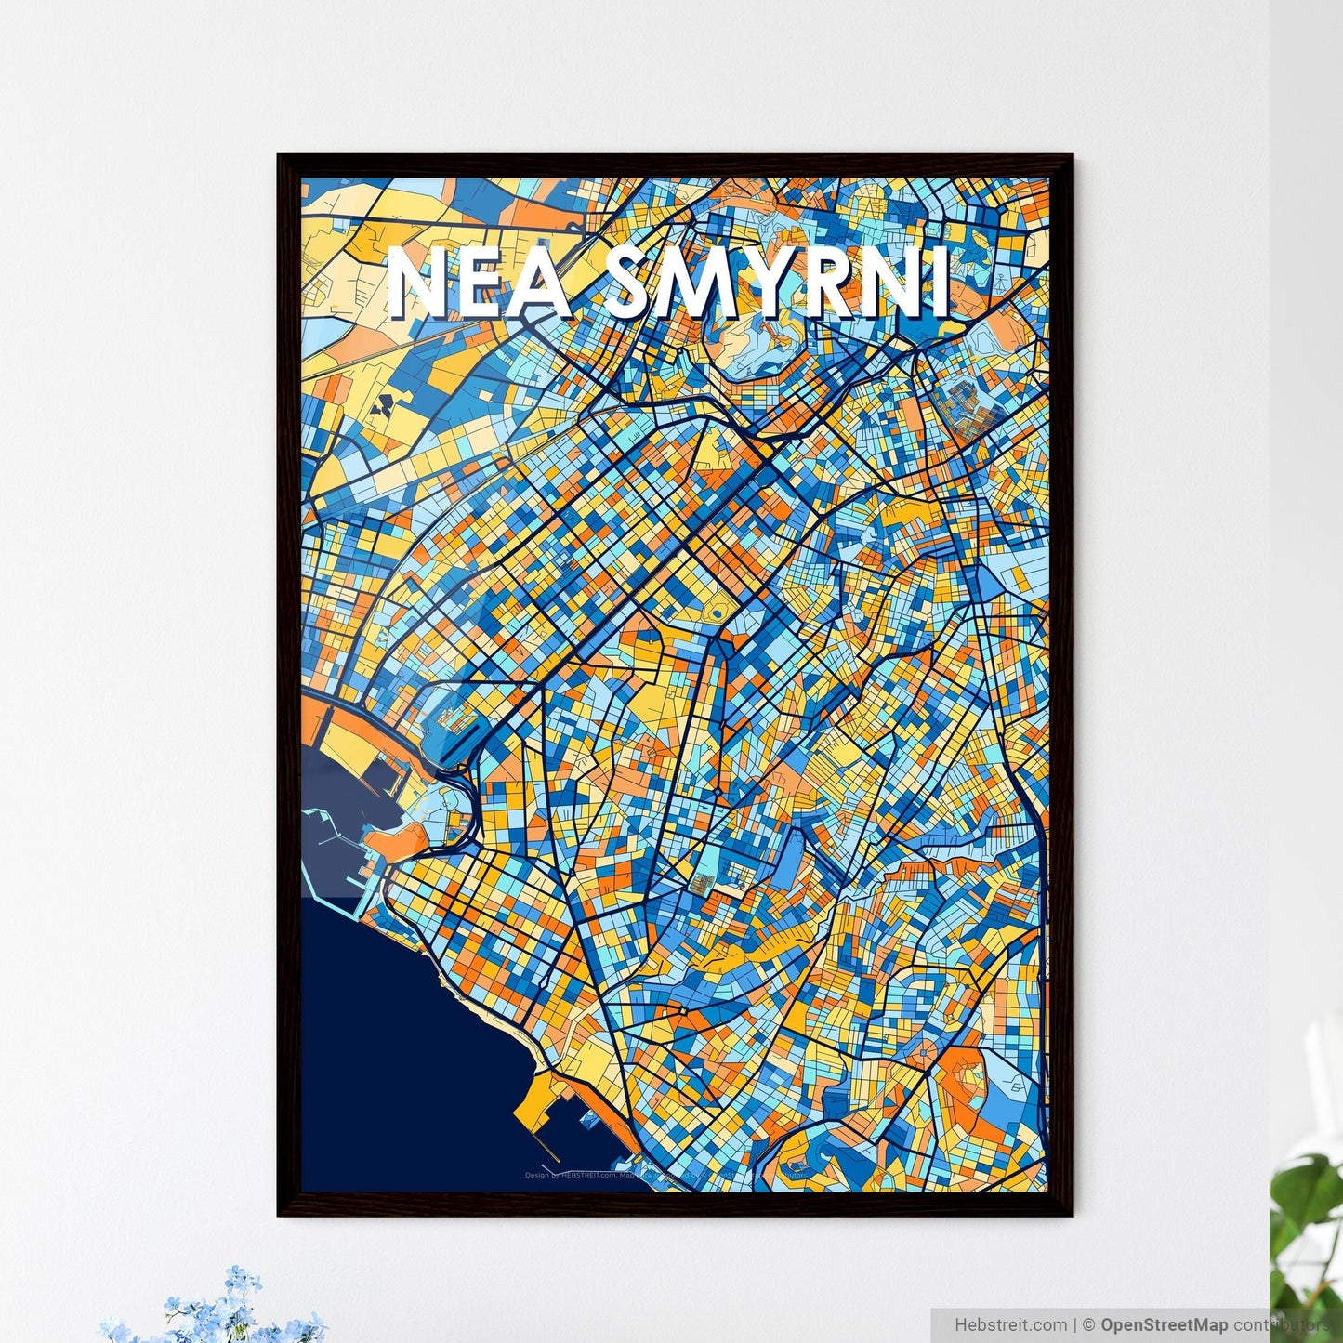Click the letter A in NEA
539,283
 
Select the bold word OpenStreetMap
1164,1324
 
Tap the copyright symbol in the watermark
1090,1324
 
